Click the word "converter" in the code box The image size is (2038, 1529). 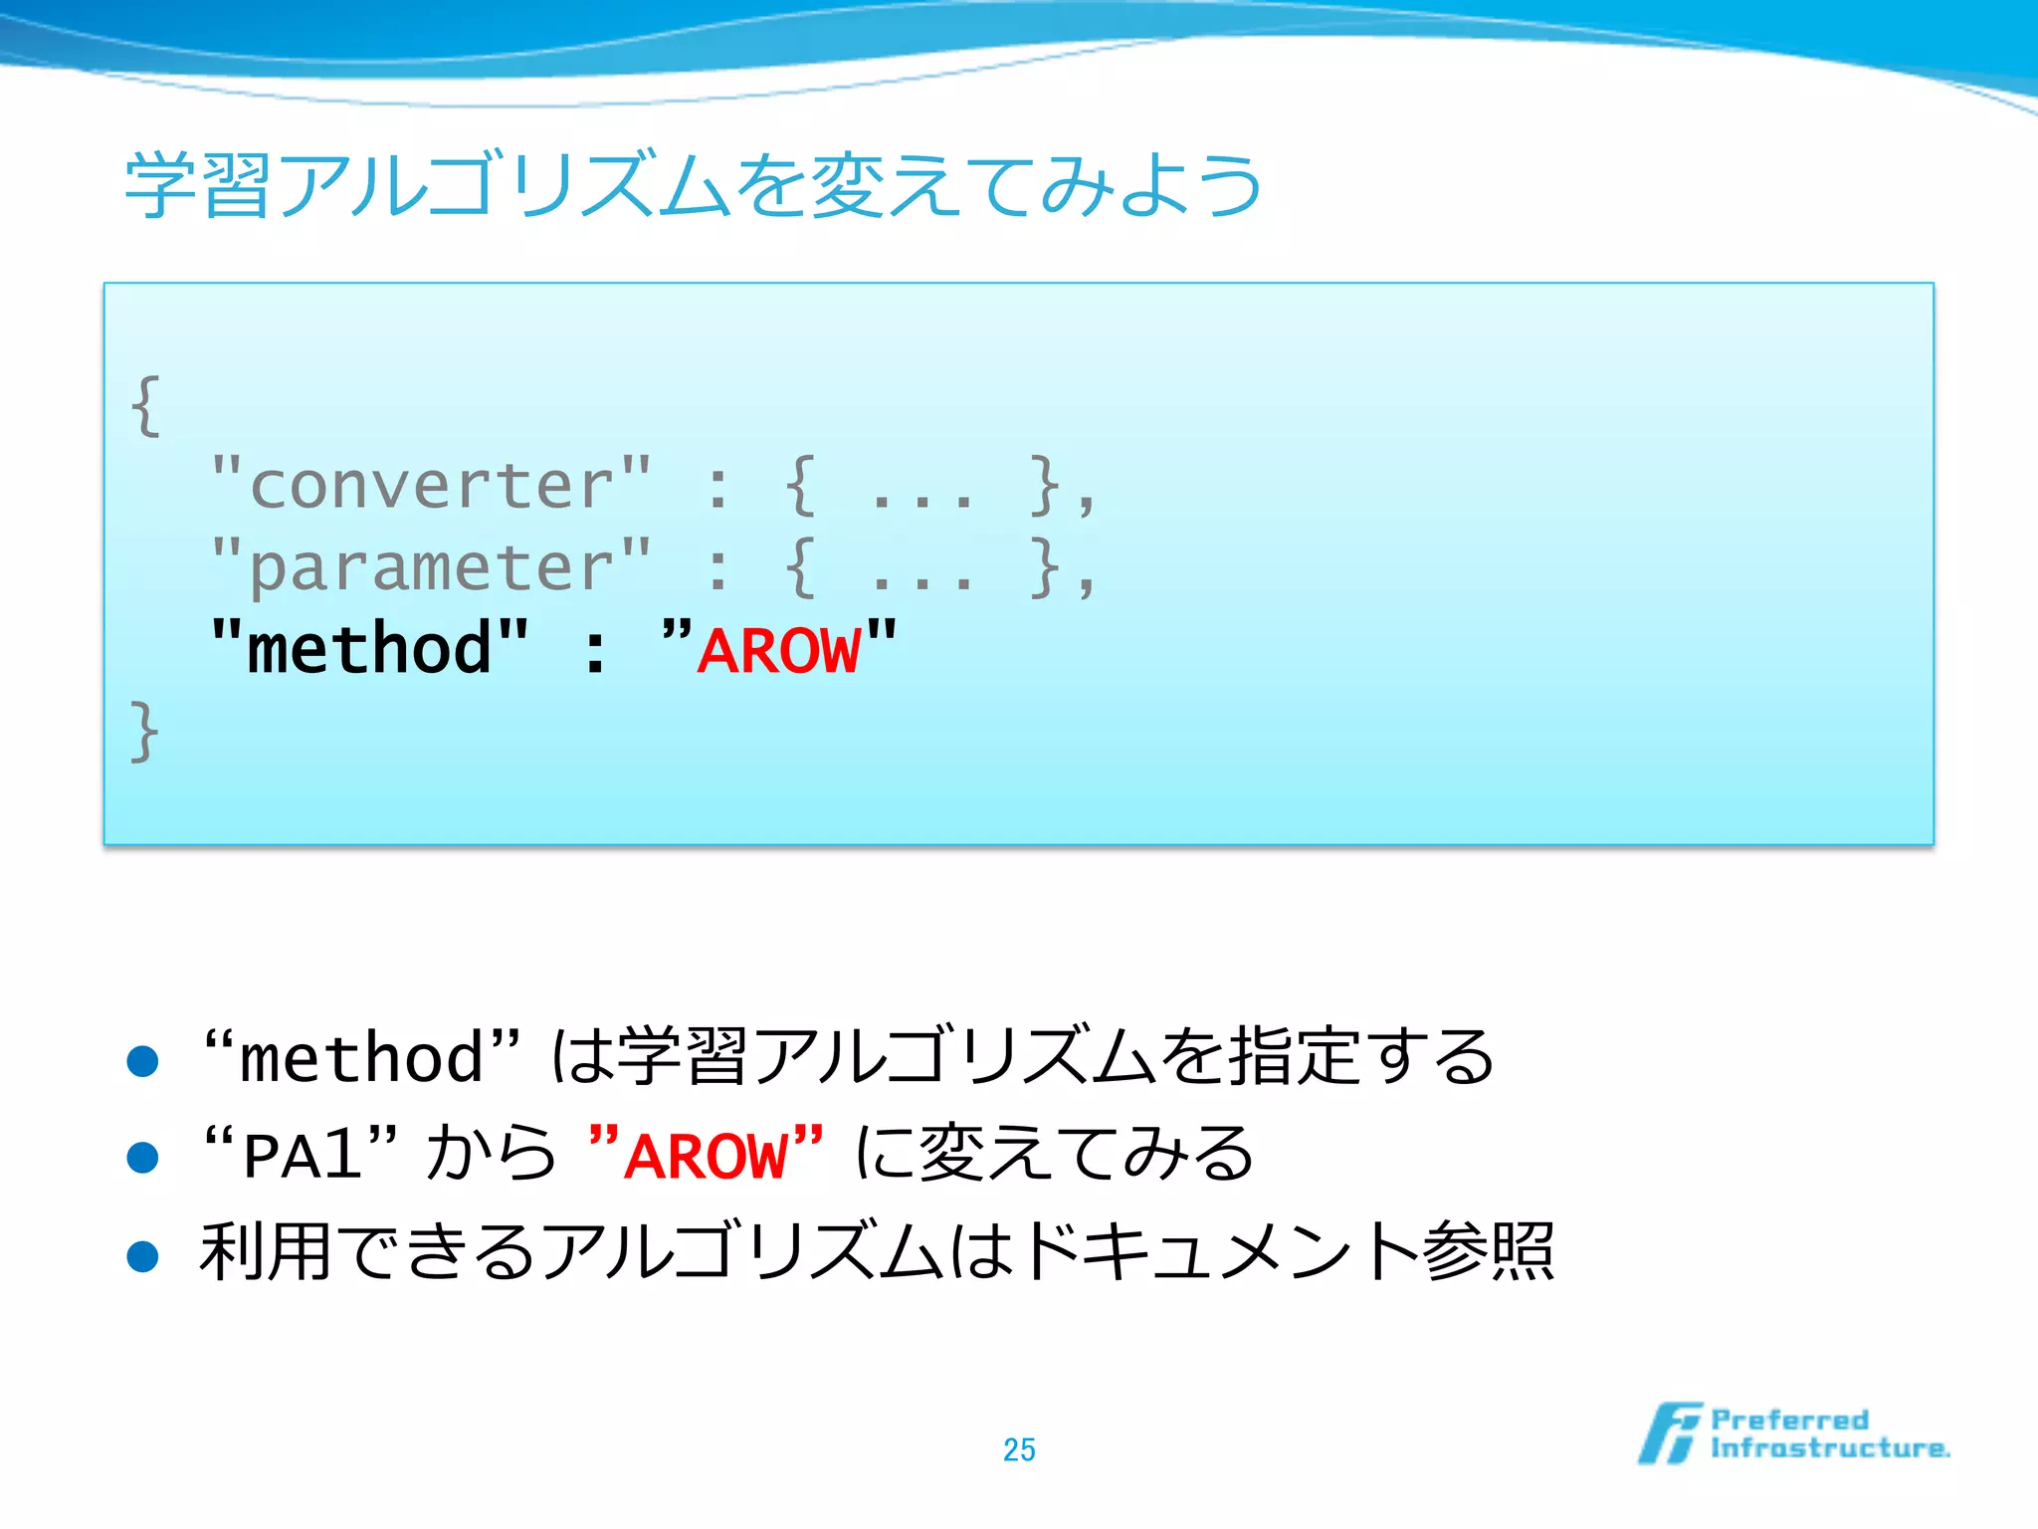(x=432, y=486)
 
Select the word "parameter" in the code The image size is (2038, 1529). (x=432, y=567)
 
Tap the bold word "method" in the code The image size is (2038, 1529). (x=369, y=649)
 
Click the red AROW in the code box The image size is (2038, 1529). (x=779, y=652)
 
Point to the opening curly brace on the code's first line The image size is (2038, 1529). (x=146, y=405)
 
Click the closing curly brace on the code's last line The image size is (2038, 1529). (x=145, y=731)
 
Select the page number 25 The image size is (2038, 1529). (x=1019, y=1449)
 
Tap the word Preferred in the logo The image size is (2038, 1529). (x=1789, y=1420)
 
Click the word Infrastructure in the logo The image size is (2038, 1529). (x=1829, y=1448)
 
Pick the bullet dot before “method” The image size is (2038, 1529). (x=143, y=1061)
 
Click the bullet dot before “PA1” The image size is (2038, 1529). (x=143, y=1158)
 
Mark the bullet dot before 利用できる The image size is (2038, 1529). (x=143, y=1255)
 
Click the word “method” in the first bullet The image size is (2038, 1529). (x=360, y=1057)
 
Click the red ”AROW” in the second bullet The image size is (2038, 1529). (x=706, y=1155)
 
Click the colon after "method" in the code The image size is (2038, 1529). (x=595, y=653)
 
